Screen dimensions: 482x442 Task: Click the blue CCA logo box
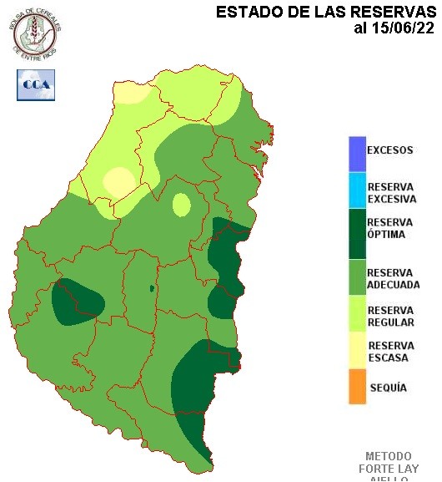pos(36,84)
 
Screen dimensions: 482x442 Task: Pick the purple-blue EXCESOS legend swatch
pos(357,152)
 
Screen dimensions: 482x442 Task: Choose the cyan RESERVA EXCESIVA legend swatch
pos(357,190)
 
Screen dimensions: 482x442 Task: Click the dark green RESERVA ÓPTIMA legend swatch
pos(357,235)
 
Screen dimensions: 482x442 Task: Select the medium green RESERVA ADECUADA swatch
pos(357,278)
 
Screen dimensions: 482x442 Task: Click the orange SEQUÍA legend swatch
pos(357,388)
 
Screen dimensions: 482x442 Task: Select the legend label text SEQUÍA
pos(388,388)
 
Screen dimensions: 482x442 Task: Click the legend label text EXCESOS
pos(390,151)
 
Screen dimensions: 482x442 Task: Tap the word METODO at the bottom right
pos(389,457)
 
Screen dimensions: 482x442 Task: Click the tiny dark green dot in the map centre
pos(152,288)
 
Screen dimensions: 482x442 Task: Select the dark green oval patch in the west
pos(75,303)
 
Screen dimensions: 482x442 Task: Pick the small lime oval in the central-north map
pos(181,204)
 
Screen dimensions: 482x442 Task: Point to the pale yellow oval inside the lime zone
pos(118,181)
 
